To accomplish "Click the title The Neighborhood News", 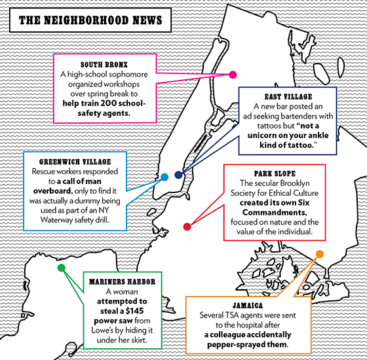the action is (x=90, y=20).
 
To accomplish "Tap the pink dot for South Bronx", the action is (x=233, y=75).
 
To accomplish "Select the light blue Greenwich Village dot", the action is (x=164, y=177).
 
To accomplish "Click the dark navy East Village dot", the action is (x=178, y=175).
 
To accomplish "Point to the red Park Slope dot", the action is (x=187, y=226).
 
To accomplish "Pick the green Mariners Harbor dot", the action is (x=62, y=268).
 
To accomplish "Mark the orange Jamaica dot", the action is (x=320, y=254).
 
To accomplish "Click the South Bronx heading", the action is (x=104, y=65).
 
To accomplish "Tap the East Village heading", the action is (x=288, y=97).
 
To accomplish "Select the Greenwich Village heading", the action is (x=75, y=162).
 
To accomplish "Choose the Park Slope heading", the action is (x=275, y=173).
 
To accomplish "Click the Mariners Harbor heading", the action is (x=122, y=281).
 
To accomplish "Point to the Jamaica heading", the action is (x=248, y=306).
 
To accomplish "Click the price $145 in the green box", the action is (x=134, y=311).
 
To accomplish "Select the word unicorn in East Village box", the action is (x=263, y=135).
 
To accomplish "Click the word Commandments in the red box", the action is (x=275, y=213).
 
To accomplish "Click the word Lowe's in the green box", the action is (x=102, y=331).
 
